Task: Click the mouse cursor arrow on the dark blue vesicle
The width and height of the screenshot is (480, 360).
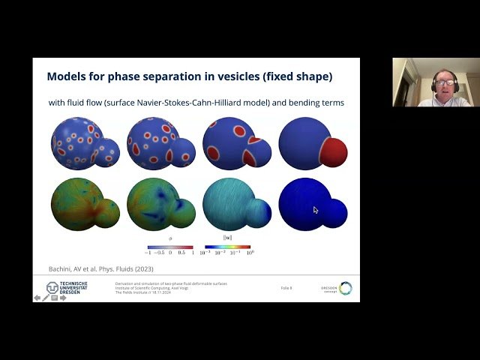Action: (315, 210)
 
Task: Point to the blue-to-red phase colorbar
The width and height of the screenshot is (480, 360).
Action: (169, 246)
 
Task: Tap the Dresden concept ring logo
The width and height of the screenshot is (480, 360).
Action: (344, 288)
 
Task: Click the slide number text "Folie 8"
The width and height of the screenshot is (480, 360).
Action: (286, 288)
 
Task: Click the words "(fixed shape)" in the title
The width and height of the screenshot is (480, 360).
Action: (300, 76)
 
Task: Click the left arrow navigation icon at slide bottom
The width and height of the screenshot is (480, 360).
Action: (37, 298)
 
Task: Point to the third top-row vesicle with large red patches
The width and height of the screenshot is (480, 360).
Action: (231, 142)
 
